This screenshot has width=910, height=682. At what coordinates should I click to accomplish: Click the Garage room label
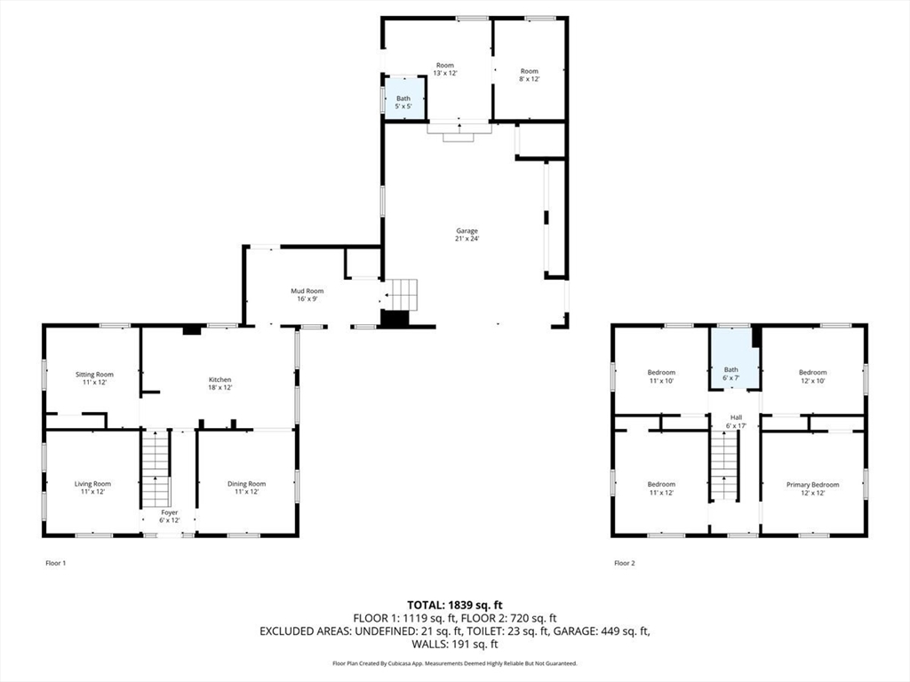(x=467, y=234)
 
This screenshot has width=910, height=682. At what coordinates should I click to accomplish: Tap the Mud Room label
(x=307, y=295)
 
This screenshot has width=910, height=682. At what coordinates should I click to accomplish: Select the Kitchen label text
(x=220, y=384)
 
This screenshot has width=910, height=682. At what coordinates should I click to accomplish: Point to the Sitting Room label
(x=94, y=378)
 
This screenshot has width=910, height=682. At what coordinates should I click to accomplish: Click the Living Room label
(x=92, y=488)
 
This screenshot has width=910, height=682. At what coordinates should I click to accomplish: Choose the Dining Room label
(x=247, y=488)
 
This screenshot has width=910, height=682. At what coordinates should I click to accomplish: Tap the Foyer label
(x=170, y=516)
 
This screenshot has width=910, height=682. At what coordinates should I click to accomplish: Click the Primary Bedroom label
(x=812, y=488)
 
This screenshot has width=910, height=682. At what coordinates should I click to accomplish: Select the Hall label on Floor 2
(x=736, y=421)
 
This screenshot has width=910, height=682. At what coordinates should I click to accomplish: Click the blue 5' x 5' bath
(x=404, y=99)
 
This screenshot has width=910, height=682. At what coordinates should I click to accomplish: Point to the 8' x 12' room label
(x=530, y=75)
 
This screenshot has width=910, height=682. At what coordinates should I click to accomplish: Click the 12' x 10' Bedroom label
(x=812, y=377)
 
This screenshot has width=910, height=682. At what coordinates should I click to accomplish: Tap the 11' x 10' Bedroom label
(x=661, y=377)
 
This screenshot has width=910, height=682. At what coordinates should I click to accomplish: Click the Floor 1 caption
(x=56, y=562)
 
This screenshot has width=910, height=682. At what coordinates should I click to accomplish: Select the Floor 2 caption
(x=625, y=562)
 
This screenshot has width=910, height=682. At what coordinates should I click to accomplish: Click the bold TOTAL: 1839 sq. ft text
(x=455, y=606)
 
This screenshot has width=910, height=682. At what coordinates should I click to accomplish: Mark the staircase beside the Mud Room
(x=403, y=295)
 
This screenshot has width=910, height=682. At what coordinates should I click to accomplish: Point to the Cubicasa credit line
(x=455, y=662)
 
